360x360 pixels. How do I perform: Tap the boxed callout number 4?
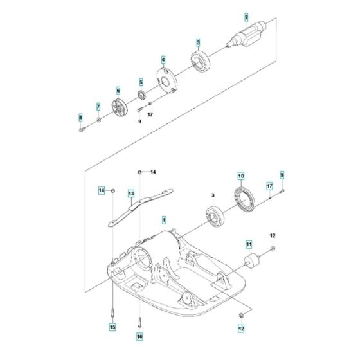[x=163, y=60]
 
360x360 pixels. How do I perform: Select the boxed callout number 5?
[x=141, y=82]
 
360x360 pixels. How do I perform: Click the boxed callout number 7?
[x=98, y=106]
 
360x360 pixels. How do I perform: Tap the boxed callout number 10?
[x=241, y=176]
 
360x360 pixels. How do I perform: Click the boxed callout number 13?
[x=130, y=193]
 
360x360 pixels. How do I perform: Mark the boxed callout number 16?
[x=138, y=336]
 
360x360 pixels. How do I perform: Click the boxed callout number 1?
[x=164, y=219]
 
